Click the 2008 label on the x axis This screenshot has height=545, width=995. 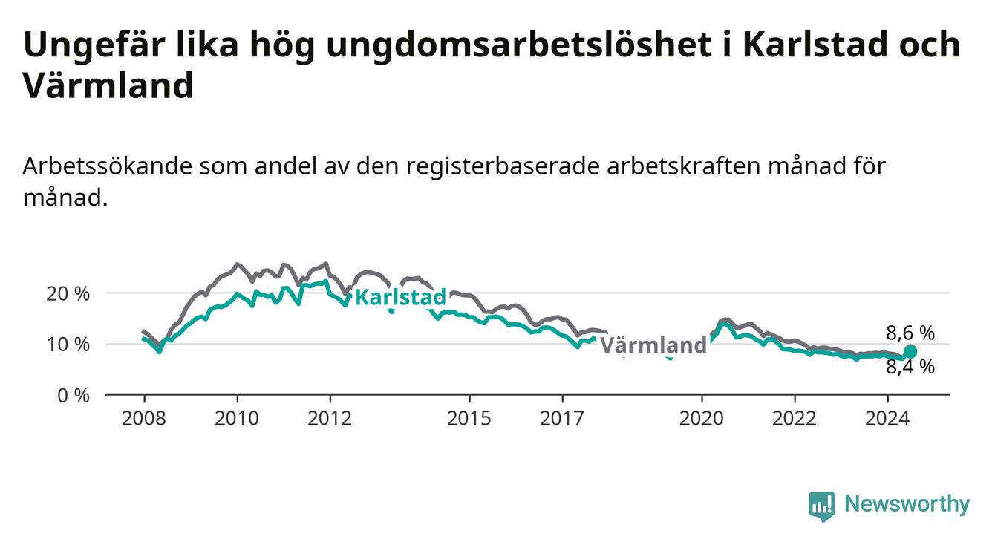point(143,419)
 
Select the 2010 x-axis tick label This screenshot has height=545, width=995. point(237,419)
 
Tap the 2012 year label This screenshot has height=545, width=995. point(330,419)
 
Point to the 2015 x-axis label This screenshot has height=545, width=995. point(469,419)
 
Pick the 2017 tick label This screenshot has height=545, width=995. point(562,419)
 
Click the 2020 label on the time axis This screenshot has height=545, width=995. point(702,419)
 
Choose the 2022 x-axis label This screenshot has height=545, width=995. point(795,419)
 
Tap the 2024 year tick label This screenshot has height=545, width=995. point(887,419)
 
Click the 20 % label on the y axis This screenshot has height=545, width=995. point(68,294)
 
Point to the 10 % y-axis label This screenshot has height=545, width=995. point(68,345)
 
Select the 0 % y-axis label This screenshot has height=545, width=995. point(74,396)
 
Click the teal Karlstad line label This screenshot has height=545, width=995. point(401,297)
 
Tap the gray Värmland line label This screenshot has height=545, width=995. point(653,345)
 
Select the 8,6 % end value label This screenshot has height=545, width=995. point(910,333)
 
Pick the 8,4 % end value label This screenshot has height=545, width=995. point(910,367)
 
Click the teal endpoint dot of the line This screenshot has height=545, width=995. point(910,351)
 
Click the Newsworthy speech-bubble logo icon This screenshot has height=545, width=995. point(822,506)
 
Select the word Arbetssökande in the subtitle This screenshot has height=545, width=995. point(107,166)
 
